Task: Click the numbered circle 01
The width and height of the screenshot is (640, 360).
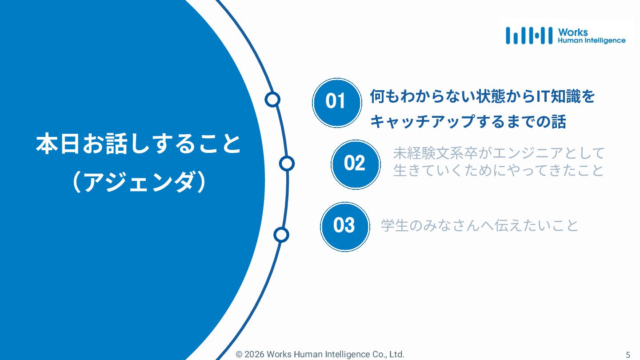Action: click(336, 102)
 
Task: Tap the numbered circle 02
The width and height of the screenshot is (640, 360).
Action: click(355, 164)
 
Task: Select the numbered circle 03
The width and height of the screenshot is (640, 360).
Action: click(344, 226)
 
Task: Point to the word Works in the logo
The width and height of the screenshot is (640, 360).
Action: click(573, 32)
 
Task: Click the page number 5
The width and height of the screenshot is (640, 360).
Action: click(628, 355)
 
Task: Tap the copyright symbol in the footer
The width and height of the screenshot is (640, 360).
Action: click(239, 354)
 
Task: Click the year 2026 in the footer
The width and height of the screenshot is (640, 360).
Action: click(254, 354)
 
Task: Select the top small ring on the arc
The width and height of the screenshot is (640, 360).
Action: click(272, 100)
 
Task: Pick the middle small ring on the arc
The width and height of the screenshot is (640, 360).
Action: click(287, 164)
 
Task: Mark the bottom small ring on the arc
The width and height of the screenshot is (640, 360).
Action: click(281, 234)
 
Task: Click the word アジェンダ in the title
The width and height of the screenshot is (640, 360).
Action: click(139, 183)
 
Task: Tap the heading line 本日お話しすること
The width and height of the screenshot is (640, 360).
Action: click(138, 144)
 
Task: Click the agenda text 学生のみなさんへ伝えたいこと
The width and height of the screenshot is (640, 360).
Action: click(480, 225)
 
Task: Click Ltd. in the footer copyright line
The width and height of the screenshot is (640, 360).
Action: click(396, 354)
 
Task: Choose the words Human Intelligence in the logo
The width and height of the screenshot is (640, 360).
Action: click(592, 40)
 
